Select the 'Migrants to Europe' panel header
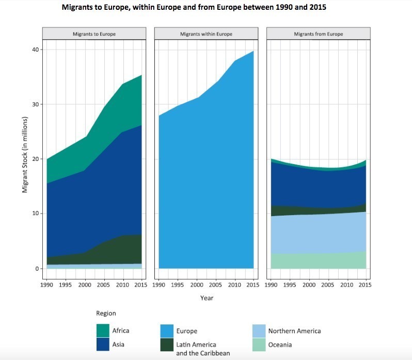point(94,34)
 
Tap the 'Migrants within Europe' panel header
point(206,34)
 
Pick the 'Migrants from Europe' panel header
point(318,34)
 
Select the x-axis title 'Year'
point(207,298)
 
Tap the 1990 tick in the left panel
point(46,285)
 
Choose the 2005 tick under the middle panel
point(215,285)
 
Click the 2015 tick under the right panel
point(365,285)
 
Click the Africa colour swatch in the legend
point(103,331)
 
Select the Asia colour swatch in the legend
point(103,344)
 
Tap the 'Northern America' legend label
point(294,331)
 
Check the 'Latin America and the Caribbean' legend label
point(203,349)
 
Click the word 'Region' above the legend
point(106,313)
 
